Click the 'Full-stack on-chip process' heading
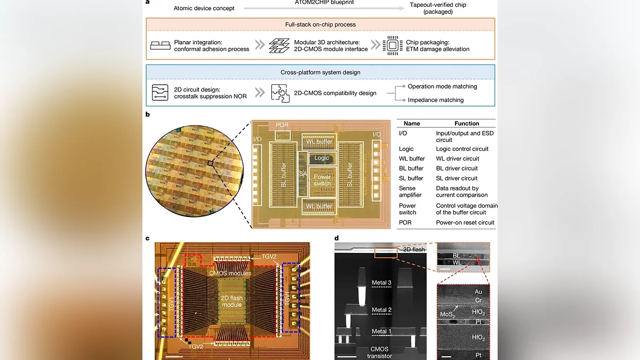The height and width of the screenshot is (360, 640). click(x=320, y=25)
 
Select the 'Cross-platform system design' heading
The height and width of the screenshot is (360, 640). click(x=320, y=71)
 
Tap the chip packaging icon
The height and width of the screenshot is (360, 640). click(x=392, y=45)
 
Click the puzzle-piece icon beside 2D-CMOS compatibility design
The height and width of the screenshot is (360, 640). click(x=280, y=93)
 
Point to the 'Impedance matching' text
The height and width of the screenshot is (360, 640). click(x=435, y=100)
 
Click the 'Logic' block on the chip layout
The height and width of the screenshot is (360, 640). click(x=322, y=158)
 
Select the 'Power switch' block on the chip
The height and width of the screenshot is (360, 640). click(x=322, y=180)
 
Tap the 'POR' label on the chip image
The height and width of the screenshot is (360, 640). click(x=283, y=125)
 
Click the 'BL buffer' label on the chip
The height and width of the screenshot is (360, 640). click(x=284, y=171)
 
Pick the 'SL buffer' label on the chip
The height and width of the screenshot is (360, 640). click(x=350, y=171)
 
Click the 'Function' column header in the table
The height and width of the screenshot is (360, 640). click(x=467, y=123)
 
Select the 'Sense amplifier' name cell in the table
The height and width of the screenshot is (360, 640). click(x=411, y=192)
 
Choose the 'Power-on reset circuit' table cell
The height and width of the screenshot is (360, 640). click(x=465, y=222)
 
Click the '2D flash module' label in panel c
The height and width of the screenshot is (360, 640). click(x=233, y=301)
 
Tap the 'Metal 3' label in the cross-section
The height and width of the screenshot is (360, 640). click(x=382, y=283)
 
